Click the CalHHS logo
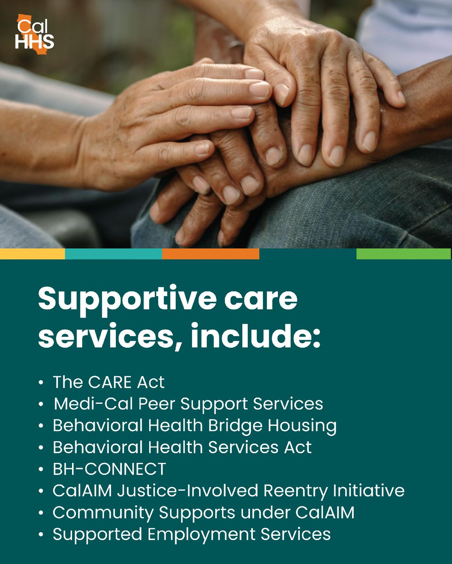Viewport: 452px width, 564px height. click(x=34, y=32)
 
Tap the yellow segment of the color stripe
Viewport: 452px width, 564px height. click(x=32, y=254)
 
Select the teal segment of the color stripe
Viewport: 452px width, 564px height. click(x=113, y=254)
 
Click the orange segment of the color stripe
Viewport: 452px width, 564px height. click(x=210, y=254)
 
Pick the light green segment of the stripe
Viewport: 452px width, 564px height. click(x=404, y=254)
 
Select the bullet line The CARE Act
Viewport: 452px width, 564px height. click(x=108, y=382)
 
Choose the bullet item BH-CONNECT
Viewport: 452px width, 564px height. click(x=109, y=469)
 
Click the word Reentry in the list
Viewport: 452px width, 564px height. click(x=294, y=491)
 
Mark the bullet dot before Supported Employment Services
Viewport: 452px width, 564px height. click(x=42, y=535)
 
